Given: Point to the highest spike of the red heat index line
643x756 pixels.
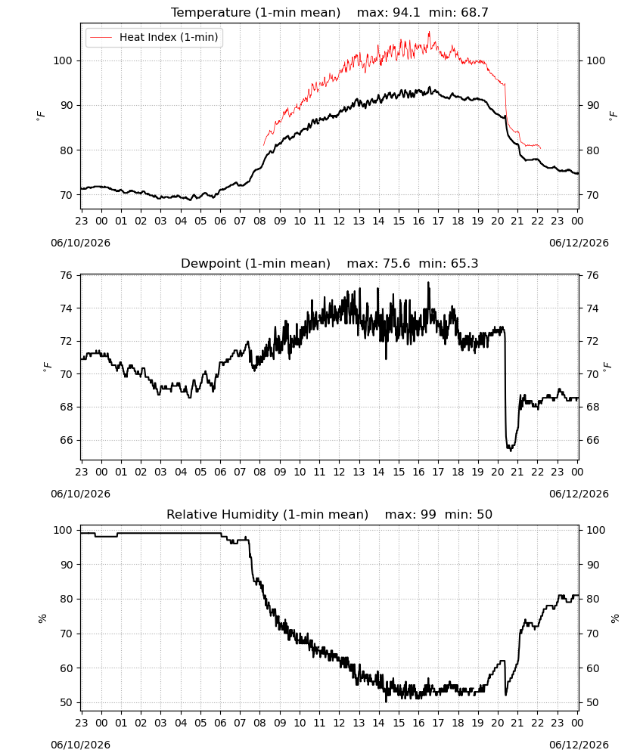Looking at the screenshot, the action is tap(430, 32).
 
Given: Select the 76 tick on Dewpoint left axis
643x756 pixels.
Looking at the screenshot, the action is tap(66, 275).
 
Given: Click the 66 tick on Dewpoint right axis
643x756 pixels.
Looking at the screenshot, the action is tap(592, 440).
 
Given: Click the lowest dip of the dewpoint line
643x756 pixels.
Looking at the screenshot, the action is tap(511, 451).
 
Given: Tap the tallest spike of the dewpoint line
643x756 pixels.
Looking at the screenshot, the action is tap(428, 283).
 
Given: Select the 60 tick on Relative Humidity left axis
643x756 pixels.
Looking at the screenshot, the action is tap(66, 668).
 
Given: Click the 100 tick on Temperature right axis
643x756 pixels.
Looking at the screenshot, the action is tap(596, 60).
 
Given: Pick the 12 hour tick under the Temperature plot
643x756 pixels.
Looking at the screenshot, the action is tap(339, 221).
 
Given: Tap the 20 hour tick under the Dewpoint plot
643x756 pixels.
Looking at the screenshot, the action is tap(497, 472).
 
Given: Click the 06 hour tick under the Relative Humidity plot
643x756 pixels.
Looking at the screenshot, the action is tap(220, 723).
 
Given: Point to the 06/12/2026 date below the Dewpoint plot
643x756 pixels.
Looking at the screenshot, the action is tap(579, 494).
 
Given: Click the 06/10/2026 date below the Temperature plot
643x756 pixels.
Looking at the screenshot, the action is tap(80, 243).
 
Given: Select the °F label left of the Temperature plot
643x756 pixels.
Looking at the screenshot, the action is tap(41, 116).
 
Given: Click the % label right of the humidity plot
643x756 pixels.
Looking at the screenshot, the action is tap(614, 618).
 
